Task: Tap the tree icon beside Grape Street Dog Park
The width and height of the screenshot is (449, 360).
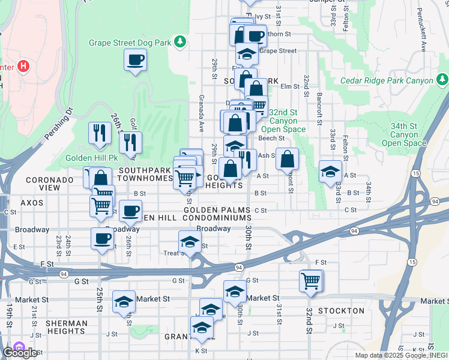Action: coord(179,42)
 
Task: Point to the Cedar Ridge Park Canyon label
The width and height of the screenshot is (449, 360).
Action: coord(387,80)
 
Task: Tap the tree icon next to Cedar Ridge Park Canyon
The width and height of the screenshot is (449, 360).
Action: coord(442,80)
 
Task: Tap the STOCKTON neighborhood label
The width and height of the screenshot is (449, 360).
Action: coord(341,311)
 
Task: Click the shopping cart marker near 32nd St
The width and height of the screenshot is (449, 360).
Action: coord(311,280)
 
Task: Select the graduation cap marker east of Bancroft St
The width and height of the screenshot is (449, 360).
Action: coord(330,172)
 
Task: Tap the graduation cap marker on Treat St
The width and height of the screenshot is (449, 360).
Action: coord(190,243)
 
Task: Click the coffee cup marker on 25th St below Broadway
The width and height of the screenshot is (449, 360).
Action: coord(102,239)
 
